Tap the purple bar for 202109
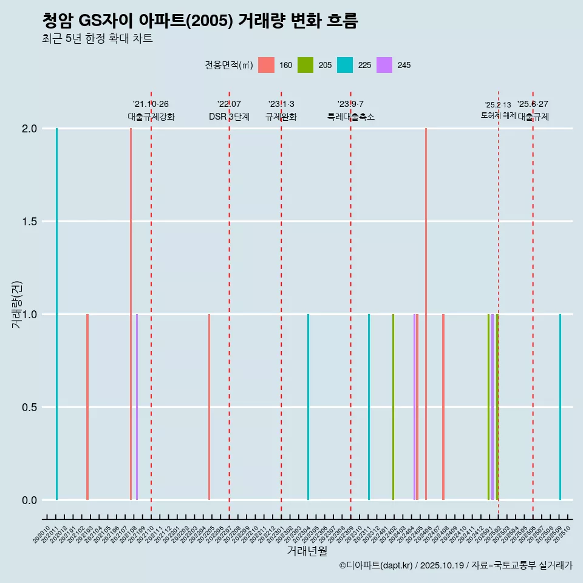tap(137, 407)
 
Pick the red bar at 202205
tap(209, 407)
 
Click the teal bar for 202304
tap(308, 407)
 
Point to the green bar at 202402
tap(393, 407)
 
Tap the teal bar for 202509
tap(560, 407)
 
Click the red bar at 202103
tap(87, 407)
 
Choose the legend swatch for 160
tap(266, 65)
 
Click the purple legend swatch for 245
tap(384, 65)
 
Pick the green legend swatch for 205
tap(305, 65)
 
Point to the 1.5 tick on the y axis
tap(29, 222)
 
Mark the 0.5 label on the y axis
tap(29, 407)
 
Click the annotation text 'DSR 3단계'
tap(229, 117)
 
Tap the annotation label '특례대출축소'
tap(350, 117)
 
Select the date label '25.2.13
tap(498, 105)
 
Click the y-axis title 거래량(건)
tap(16, 304)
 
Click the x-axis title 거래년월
tap(307, 551)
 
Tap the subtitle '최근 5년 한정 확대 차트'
tap(97, 39)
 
